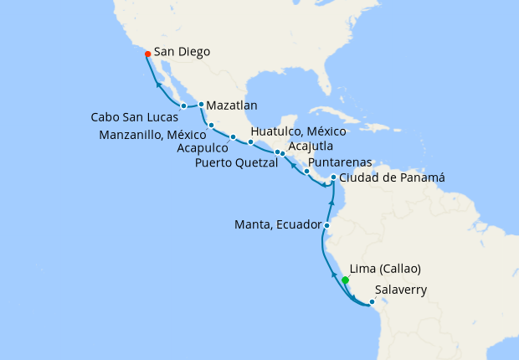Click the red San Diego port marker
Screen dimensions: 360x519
point(147,54)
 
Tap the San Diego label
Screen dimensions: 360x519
point(182,52)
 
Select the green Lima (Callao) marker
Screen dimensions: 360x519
point(345,280)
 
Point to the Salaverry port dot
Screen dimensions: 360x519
point(372,301)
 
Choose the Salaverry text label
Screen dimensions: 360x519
point(402,291)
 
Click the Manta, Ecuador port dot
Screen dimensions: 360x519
point(326,226)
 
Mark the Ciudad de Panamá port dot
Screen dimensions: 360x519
point(333,177)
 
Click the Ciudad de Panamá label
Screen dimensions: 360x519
point(389,177)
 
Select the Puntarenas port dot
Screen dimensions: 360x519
point(306,172)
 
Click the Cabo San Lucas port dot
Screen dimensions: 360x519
point(183,105)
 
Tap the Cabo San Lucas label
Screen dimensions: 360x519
point(132,116)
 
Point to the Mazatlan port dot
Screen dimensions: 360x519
point(201,105)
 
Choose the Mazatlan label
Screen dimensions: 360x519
point(232,105)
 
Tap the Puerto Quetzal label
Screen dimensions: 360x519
point(237,162)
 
